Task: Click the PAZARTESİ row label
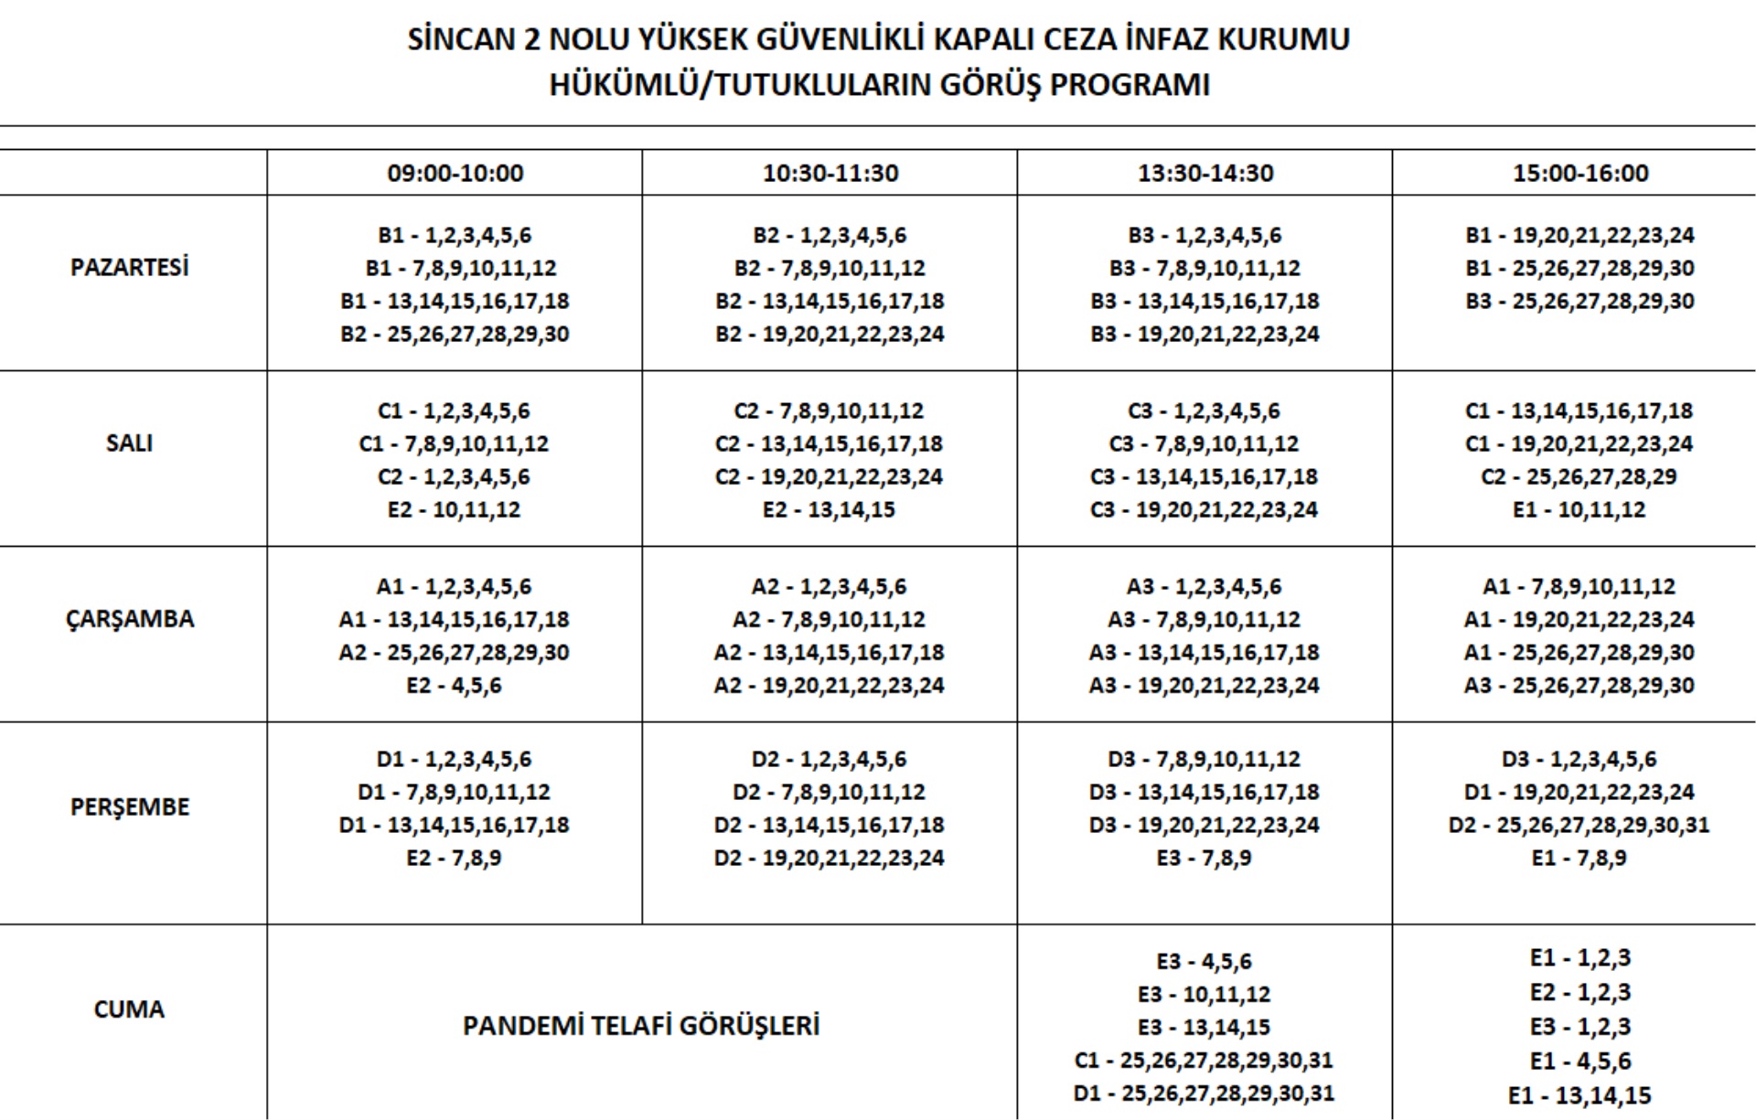pyautogui.click(x=129, y=267)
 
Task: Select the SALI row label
pyautogui.click(x=129, y=443)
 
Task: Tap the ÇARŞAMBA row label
pyautogui.click(x=129, y=619)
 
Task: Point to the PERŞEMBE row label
pyautogui.click(x=129, y=806)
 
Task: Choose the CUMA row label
pyautogui.click(x=129, y=1008)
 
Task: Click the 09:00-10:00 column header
pyautogui.click(x=455, y=173)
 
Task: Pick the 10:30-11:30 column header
pyautogui.click(x=830, y=173)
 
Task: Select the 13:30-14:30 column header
pyautogui.click(x=1205, y=173)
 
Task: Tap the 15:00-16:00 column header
pyautogui.click(x=1579, y=173)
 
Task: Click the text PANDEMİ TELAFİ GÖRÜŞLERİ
pyautogui.click(x=640, y=1025)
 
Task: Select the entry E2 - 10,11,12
pyautogui.click(x=454, y=509)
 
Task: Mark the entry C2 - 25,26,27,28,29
pyautogui.click(x=1579, y=476)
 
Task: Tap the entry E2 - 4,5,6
pyautogui.click(x=454, y=685)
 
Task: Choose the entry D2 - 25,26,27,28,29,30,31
pyautogui.click(x=1579, y=825)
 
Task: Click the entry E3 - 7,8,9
pyautogui.click(x=1204, y=858)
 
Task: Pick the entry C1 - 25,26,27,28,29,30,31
pyautogui.click(x=1204, y=1060)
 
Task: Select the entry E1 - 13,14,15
pyautogui.click(x=1579, y=1094)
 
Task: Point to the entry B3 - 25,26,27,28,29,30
pyautogui.click(x=1579, y=301)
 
